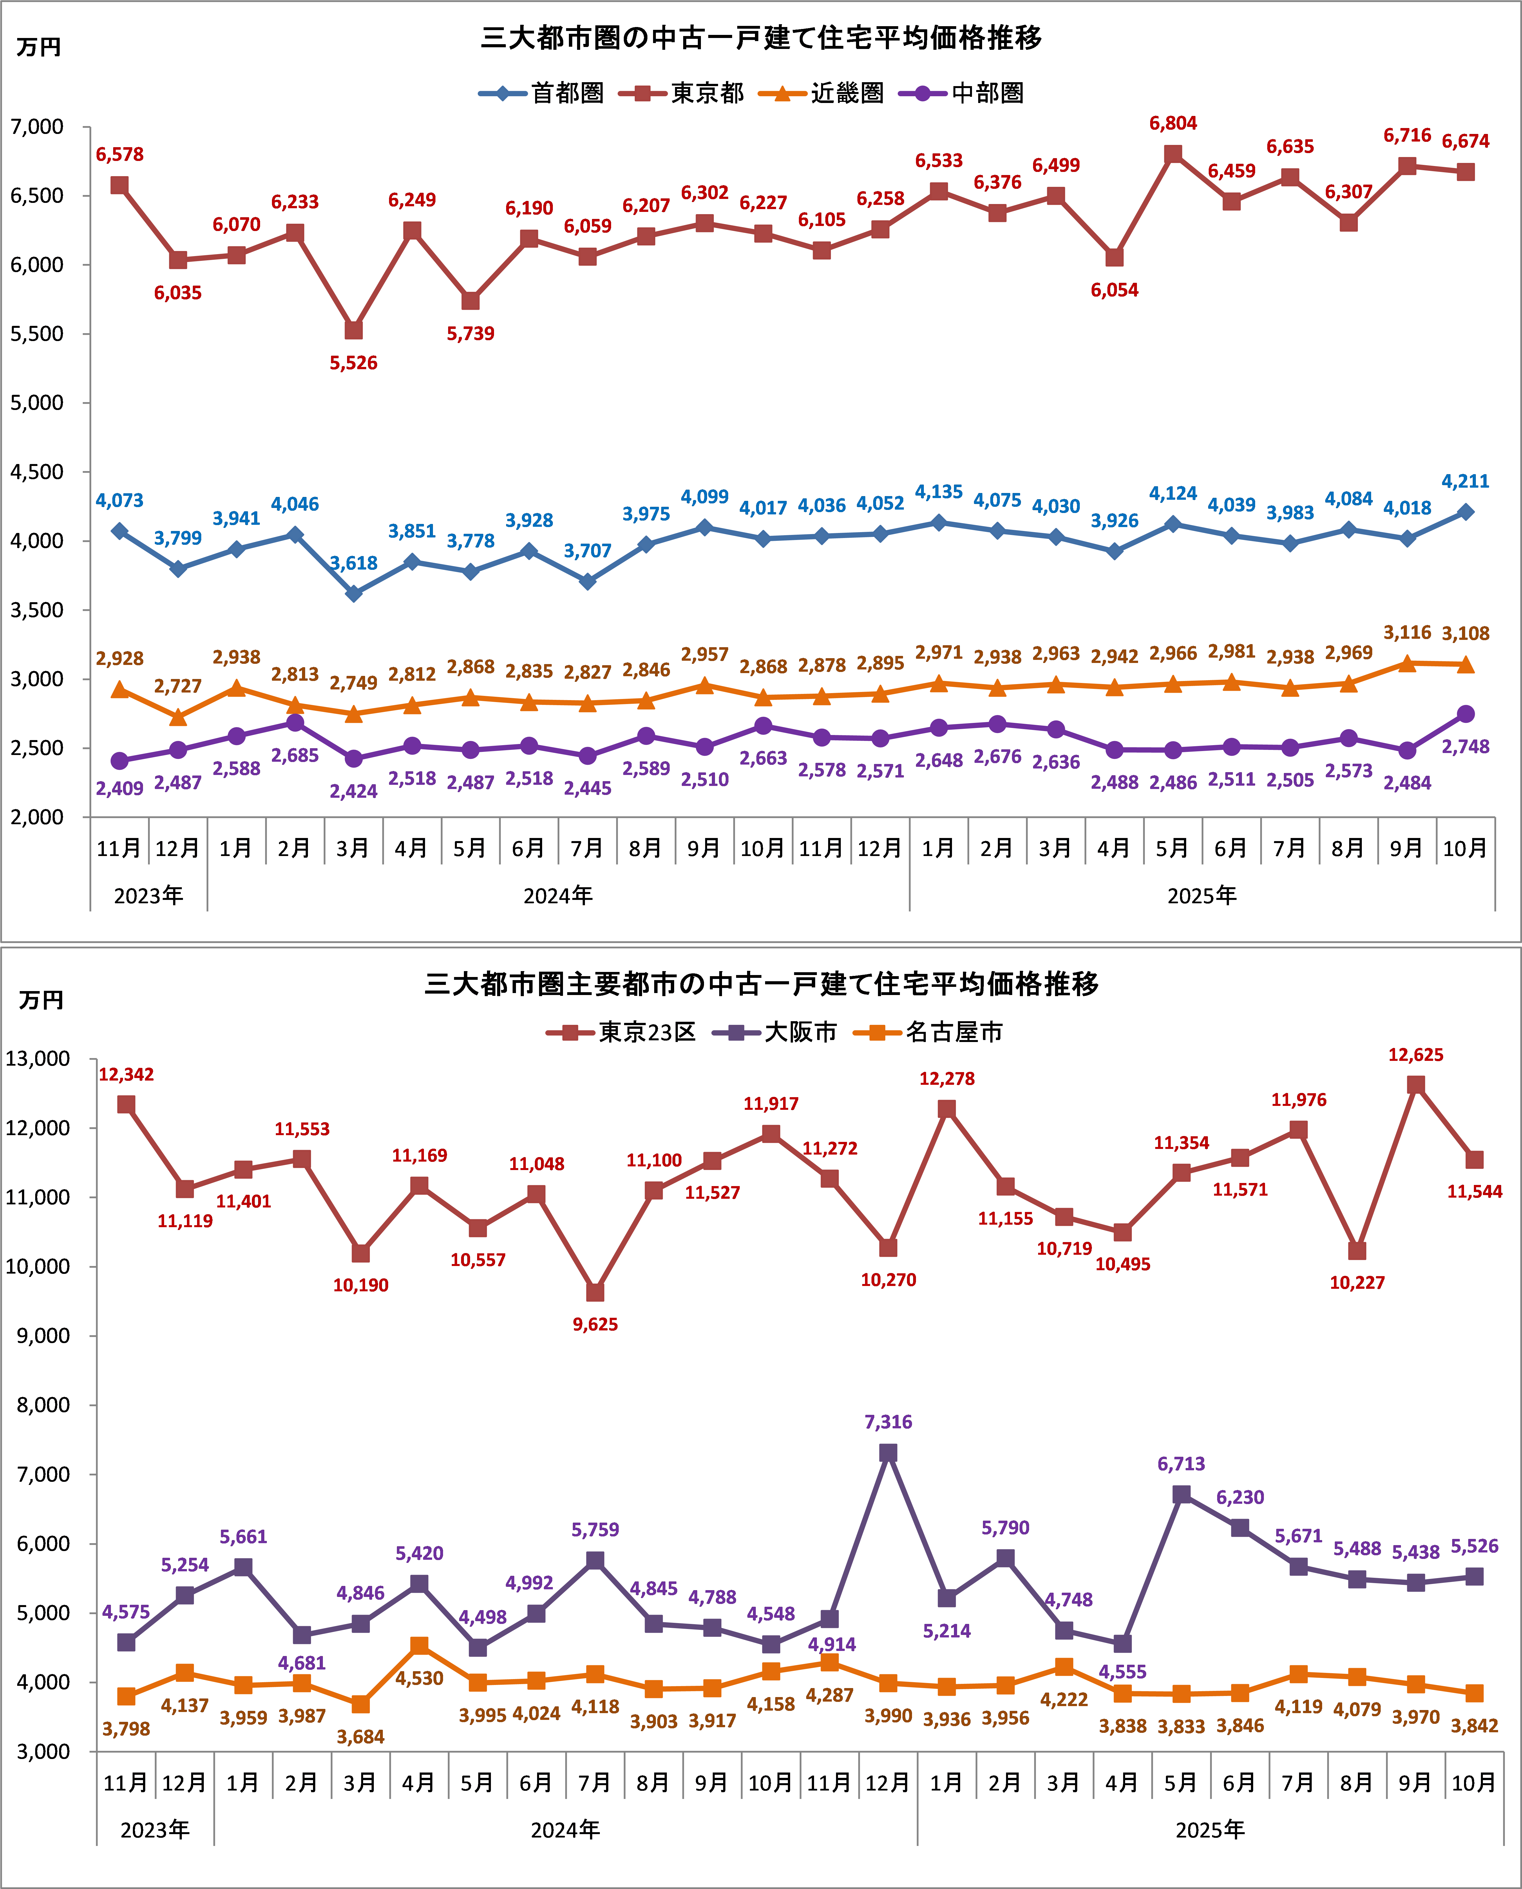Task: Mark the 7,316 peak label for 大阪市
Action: pyautogui.click(x=888, y=1422)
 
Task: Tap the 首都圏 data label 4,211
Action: pyautogui.click(x=1465, y=481)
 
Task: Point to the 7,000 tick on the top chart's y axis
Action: pyautogui.click(x=37, y=127)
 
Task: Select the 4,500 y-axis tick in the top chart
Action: pyautogui.click(x=37, y=472)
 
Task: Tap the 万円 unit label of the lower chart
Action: pyautogui.click(x=41, y=1000)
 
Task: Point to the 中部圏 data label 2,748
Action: pyautogui.click(x=1465, y=747)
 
